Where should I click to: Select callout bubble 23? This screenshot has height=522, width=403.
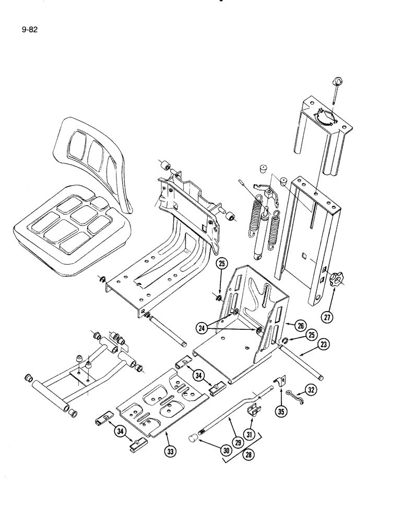tap(324, 345)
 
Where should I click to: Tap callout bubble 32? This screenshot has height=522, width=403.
tap(311, 389)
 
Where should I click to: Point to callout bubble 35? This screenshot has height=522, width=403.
tap(282, 409)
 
